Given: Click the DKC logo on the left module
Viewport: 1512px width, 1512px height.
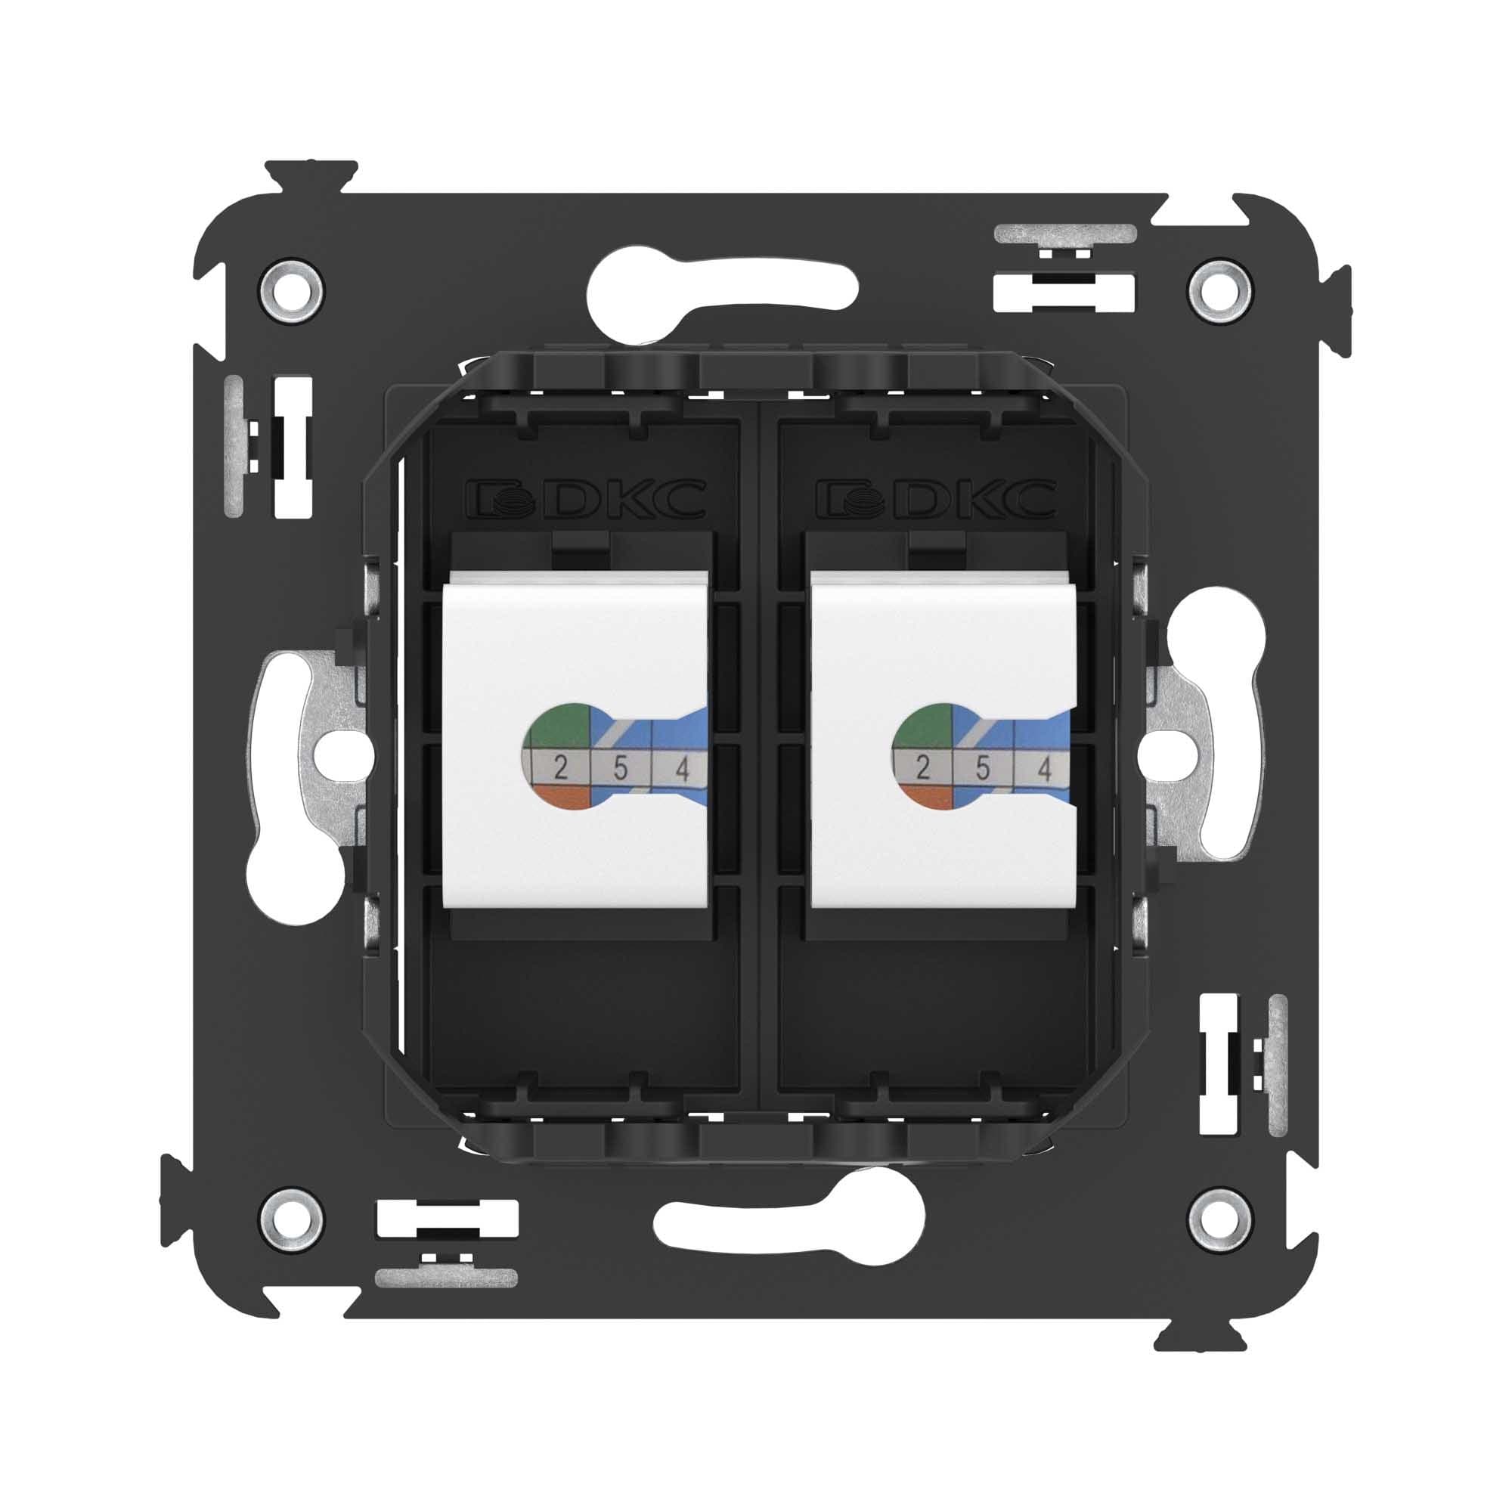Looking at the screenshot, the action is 586,499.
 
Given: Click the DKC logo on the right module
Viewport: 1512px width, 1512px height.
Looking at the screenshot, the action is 936,499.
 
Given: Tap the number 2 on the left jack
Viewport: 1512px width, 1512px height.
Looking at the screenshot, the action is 559,770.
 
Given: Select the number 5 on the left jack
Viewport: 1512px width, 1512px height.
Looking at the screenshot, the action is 621,770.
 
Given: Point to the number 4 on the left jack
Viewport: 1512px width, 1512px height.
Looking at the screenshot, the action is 682,771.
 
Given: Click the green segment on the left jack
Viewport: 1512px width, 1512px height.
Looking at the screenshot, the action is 559,727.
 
